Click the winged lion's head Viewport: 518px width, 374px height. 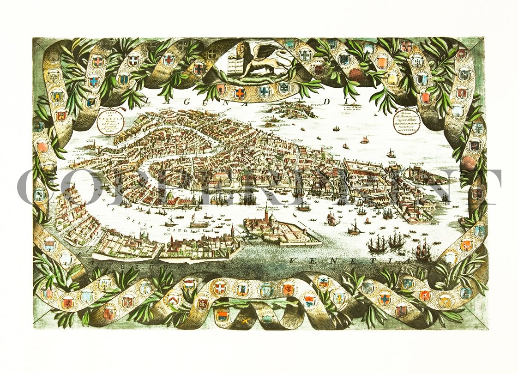point(242,48)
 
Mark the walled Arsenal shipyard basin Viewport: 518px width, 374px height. point(369,171)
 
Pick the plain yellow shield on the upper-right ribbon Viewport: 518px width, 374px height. point(392,78)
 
